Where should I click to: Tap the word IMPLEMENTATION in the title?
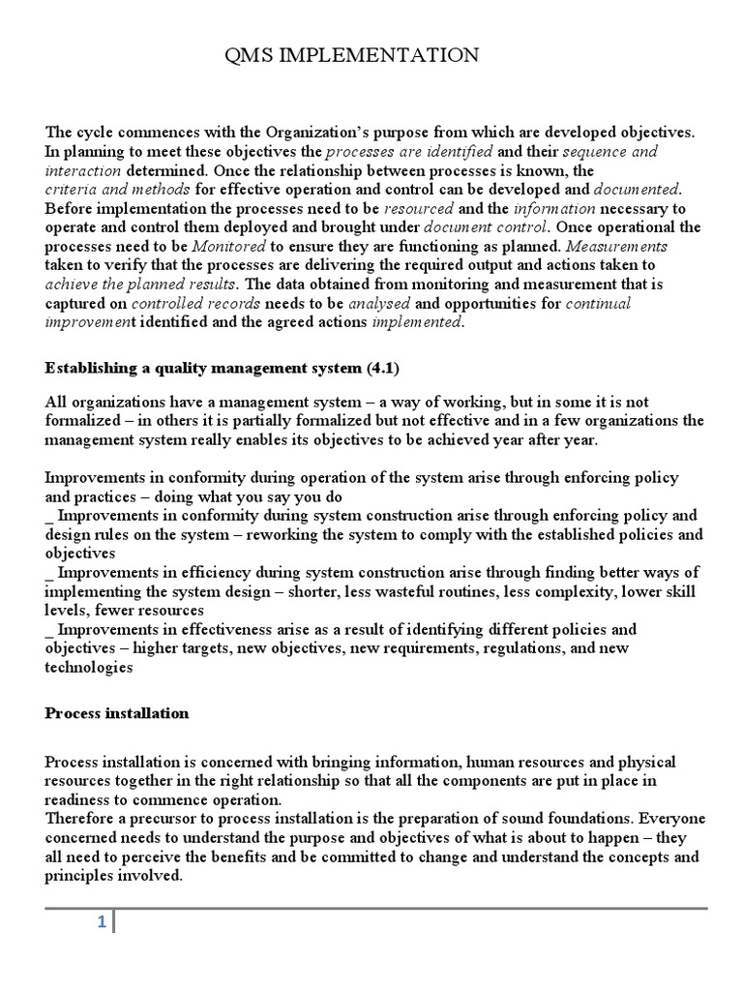point(379,55)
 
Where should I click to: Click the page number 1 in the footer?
point(101,922)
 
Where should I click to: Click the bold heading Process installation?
point(117,713)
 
